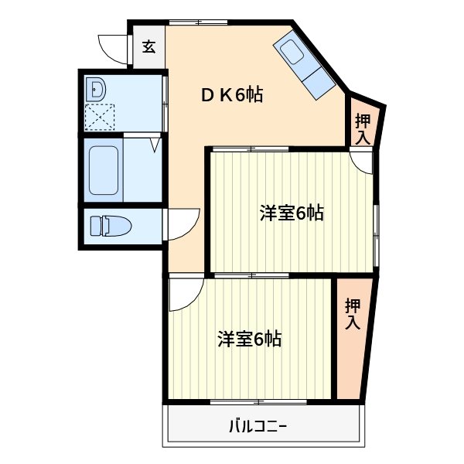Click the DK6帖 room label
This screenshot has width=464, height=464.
tap(231, 96)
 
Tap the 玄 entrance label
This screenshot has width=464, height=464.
tap(148, 46)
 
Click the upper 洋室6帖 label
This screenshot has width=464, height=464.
tap(291, 213)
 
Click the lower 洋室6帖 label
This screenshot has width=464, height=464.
tap(248, 339)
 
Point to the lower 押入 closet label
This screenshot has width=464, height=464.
tap(352, 314)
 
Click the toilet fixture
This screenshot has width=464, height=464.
tap(110, 226)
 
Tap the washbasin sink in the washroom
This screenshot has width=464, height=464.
tap(97, 90)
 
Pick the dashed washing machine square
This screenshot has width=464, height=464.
tap(100, 118)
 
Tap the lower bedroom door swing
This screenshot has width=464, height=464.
tap(186, 294)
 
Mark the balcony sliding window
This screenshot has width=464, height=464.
tap(258, 402)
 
